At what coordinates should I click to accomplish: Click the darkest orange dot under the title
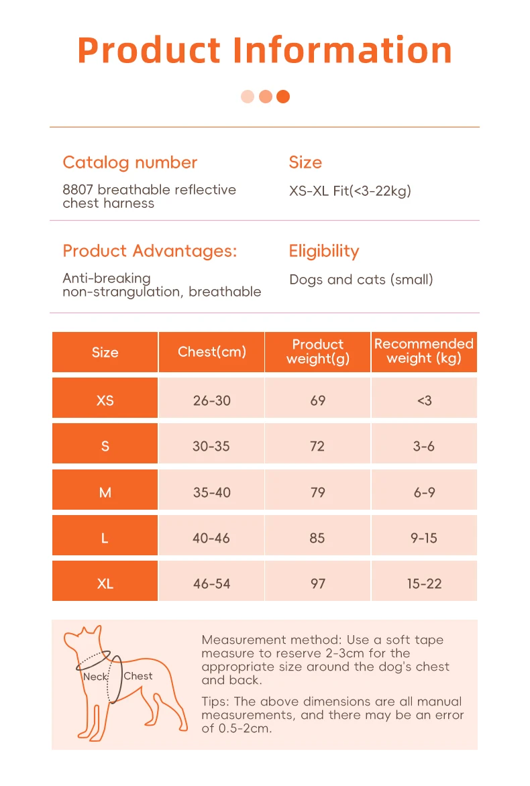pos(283,97)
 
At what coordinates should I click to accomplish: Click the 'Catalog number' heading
pos(129,162)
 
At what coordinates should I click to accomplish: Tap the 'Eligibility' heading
pos(324,251)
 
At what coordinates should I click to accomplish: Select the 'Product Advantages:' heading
pos(150,251)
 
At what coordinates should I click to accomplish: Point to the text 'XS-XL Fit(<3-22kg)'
pos(350,191)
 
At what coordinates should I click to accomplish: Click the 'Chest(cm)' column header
pos(211,352)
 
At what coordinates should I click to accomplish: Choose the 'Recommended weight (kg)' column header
pos(424,351)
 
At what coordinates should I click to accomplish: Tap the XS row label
pos(105,400)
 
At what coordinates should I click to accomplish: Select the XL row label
pos(105,583)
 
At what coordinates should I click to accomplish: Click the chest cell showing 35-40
pos(211,492)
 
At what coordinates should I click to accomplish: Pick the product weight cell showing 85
pos(317,538)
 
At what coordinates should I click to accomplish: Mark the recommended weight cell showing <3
pos(424,400)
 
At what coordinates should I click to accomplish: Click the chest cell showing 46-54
pos(211,583)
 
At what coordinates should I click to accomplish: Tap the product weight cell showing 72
pos(317,446)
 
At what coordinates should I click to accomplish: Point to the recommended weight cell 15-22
pos(424,583)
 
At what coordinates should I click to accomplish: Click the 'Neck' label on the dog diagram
pos(95,677)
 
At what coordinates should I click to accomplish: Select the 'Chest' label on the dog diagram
pos(138,676)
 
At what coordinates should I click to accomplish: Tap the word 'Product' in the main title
pos(149,50)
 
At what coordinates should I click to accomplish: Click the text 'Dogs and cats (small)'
pos(361,280)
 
